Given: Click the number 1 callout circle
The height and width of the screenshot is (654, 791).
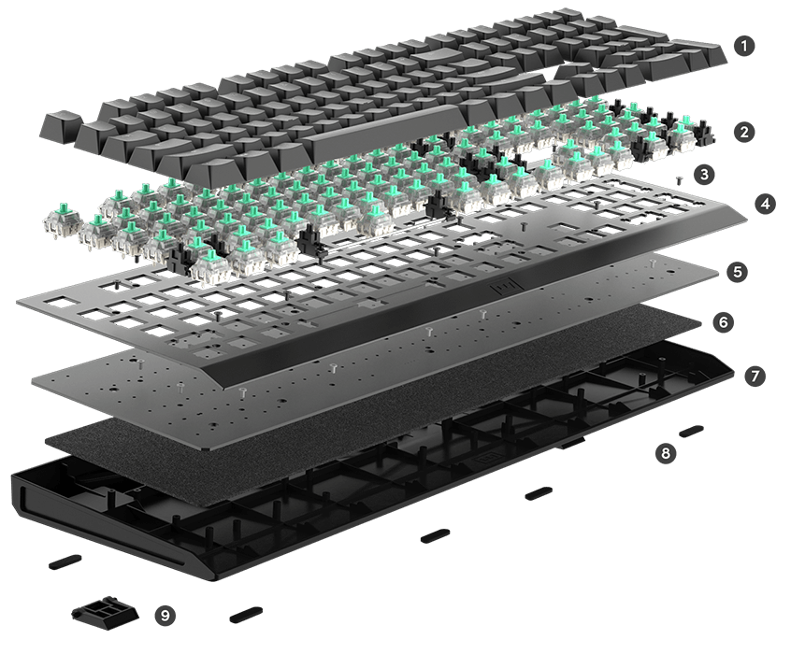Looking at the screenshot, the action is pos(744,46).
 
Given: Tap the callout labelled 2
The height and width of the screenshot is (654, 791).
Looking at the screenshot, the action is pos(744,132).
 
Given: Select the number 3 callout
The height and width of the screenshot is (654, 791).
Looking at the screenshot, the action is pos(704,175).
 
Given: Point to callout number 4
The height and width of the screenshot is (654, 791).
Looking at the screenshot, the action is pos(765,205).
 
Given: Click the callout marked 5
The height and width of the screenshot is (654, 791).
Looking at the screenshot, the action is pos(738,272).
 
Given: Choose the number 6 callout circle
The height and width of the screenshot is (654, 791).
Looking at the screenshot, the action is pos(724,321).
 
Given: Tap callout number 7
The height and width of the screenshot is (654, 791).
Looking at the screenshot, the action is pos(755,377).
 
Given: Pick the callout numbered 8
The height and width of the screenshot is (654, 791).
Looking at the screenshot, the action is pos(666,453).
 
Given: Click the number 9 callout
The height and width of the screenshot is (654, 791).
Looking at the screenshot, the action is pos(165,615).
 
